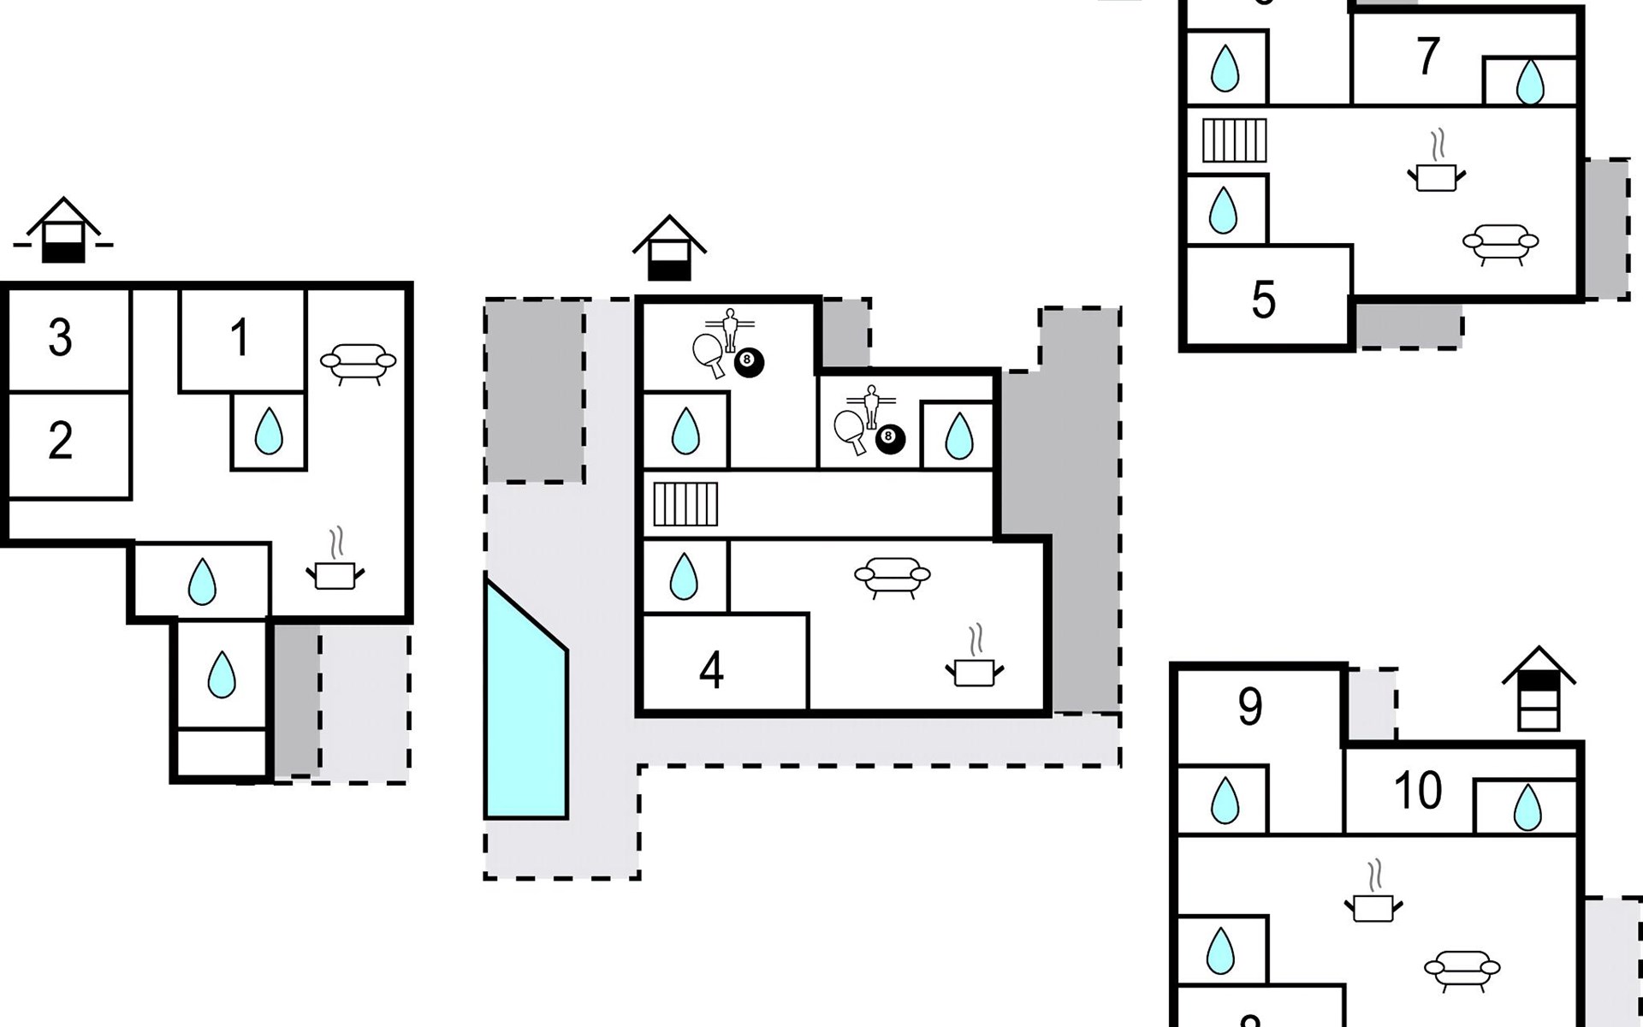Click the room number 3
click(60, 338)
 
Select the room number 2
click(60, 441)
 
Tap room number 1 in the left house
click(240, 337)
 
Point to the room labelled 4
click(711, 671)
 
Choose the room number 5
click(1263, 300)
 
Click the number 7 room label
click(1427, 56)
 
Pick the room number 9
click(1249, 707)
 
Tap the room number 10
click(1417, 790)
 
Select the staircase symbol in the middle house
click(685, 504)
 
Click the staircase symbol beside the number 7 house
click(1234, 140)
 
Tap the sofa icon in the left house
click(358, 361)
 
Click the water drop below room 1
click(269, 431)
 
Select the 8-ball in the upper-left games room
click(748, 362)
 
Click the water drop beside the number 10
click(1527, 808)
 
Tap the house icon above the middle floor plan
click(669, 247)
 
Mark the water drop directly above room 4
click(683, 576)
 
